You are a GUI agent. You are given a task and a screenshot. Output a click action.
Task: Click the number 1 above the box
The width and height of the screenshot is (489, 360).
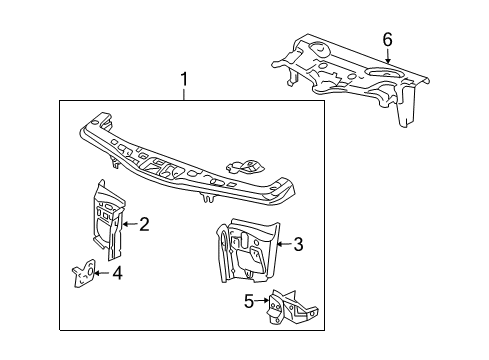184,79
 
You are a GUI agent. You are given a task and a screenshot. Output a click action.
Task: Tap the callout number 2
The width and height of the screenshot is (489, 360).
144,225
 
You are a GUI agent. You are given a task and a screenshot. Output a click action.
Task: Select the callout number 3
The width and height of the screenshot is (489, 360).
299,244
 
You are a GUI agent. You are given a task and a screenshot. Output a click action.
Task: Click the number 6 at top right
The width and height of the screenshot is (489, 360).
387,40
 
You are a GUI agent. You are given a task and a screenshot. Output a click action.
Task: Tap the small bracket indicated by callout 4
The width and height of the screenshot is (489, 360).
87,273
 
